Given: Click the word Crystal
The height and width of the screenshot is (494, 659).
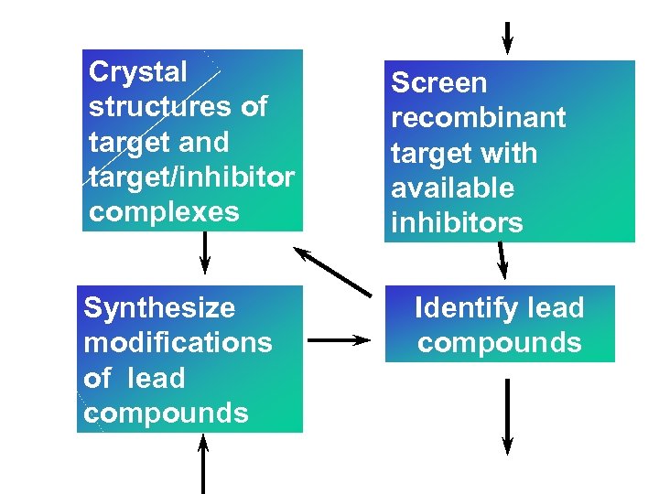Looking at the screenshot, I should [137, 72].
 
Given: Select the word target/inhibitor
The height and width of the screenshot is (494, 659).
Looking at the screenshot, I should [191, 177].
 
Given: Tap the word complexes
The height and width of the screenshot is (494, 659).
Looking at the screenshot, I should [164, 212].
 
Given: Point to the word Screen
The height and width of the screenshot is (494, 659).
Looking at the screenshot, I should [439, 83].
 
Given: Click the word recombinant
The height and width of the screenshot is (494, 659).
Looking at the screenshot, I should [478, 118].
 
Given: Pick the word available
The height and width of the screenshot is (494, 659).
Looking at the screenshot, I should [453, 188].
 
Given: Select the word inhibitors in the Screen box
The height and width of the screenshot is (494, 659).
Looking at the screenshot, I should [457, 223].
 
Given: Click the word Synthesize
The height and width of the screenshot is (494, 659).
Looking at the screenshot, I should [159, 308].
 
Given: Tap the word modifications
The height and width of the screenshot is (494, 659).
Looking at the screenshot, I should [178, 343].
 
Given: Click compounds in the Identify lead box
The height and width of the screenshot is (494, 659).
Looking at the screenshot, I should [500, 343].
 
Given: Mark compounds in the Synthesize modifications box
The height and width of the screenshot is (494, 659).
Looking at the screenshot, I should [166, 413].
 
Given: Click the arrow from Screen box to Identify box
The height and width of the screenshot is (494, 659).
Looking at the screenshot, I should [501, 260].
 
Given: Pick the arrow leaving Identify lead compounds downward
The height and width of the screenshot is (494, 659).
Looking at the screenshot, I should [507, 416].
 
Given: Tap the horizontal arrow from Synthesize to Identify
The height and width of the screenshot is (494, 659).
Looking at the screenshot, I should [339, 339].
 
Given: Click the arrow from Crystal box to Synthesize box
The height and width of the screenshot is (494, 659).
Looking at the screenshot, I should [204, 252].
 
